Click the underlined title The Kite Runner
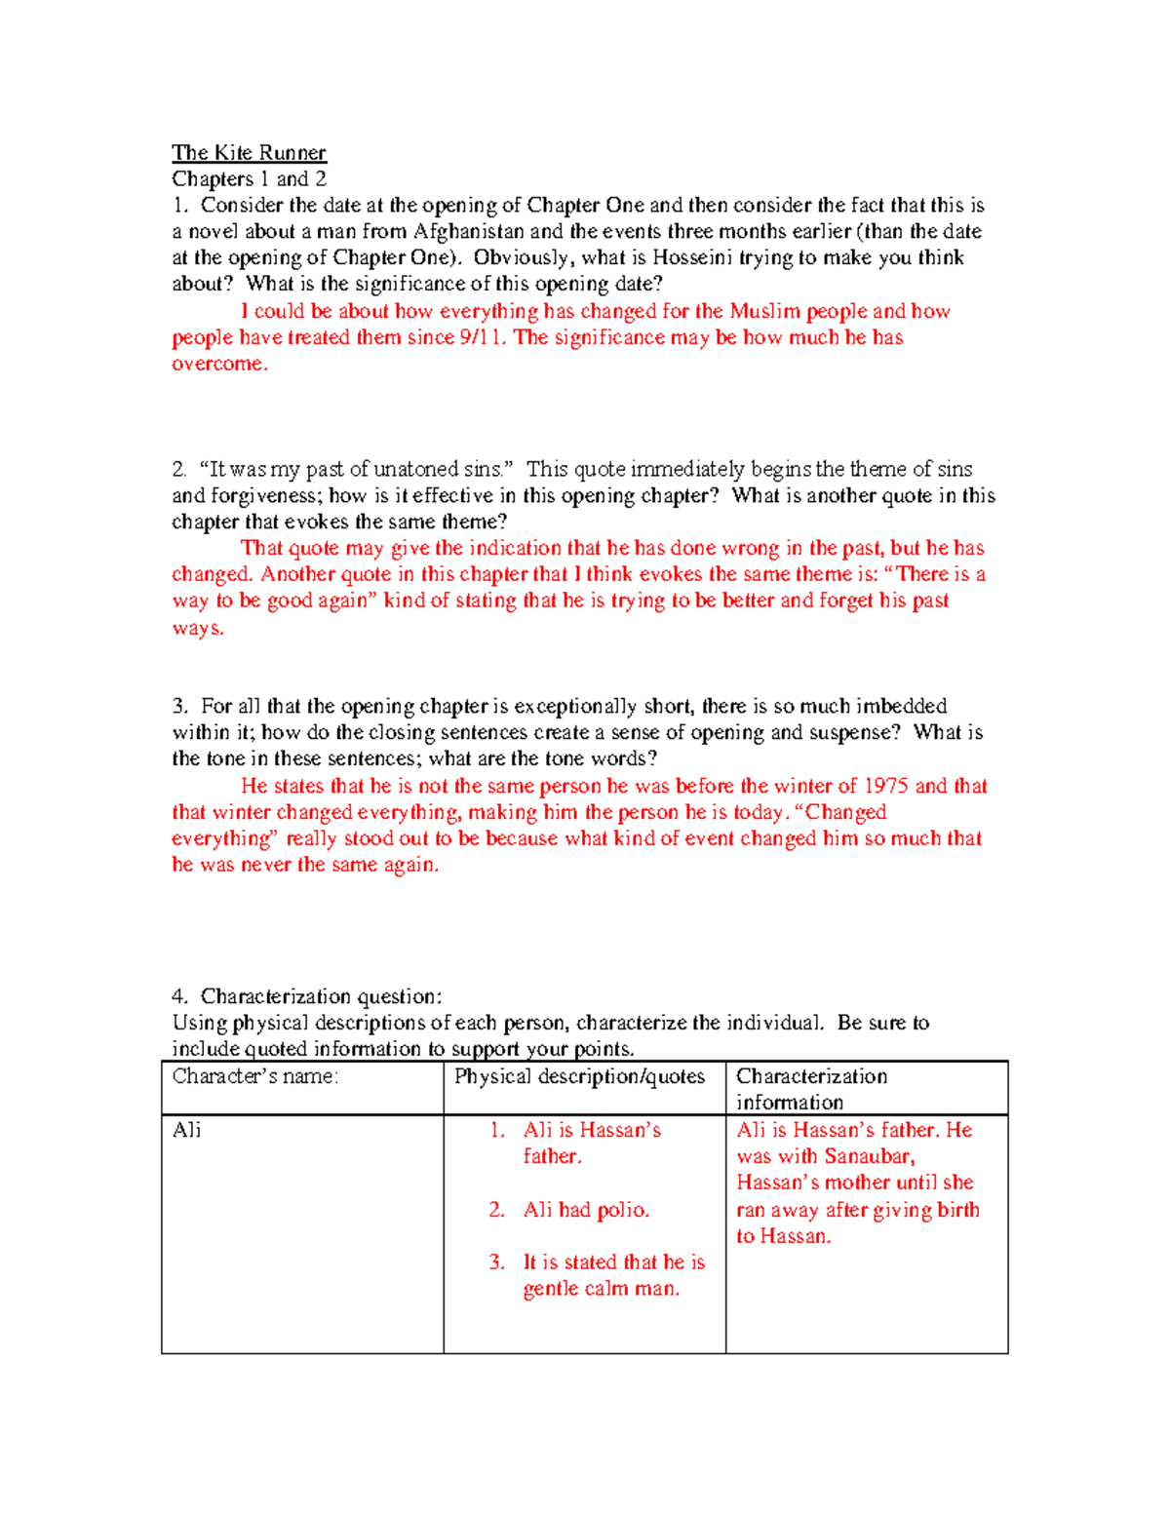point(249,153)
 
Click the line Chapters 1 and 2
point(249,179)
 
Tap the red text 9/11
point(483,337)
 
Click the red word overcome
point(218,364)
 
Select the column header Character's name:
point(255,1076)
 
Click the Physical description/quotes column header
point(579,1076)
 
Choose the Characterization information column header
point(811,1089)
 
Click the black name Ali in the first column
point(187,1130)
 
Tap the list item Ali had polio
point(586,1210)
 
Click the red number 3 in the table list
point(496,1262)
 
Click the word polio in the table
point(622,1210)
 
